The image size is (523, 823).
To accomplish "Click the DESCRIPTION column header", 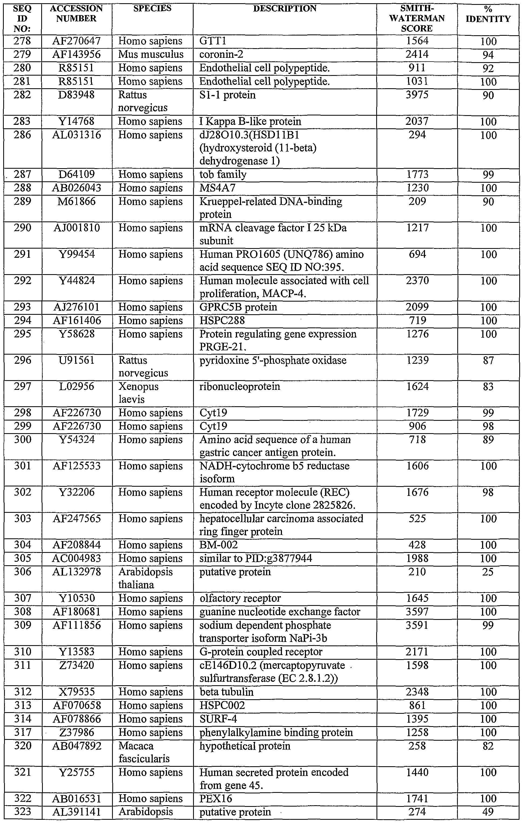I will click(x=285, y=9).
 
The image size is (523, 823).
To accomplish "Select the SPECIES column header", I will click(x=152, y=9).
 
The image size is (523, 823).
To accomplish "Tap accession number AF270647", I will click(x=77, y=41).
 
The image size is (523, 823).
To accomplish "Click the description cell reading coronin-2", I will click(x=221, y=55).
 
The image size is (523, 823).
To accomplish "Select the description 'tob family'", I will click(x=223, y=175).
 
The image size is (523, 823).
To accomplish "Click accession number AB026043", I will click(x=77, y=188).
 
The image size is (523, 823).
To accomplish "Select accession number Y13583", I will click(x=77, y=652).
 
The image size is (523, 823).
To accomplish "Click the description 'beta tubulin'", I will click(x=226, y=692).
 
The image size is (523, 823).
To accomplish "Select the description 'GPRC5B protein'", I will click(x=238, y=307).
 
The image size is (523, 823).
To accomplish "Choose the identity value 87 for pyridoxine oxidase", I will click(x=488, y=361).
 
